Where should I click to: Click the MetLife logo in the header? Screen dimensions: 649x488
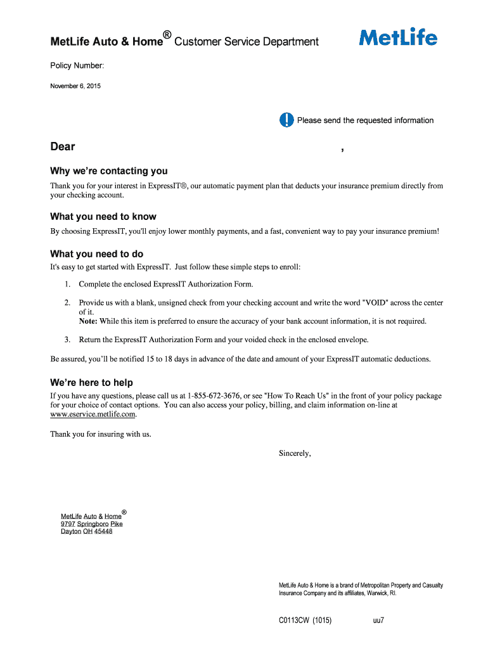coord(398,37)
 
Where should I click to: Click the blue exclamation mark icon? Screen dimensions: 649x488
coord(286,120)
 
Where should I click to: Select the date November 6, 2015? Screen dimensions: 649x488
coord(75,86)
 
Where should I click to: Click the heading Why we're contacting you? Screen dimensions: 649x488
coord(109,170)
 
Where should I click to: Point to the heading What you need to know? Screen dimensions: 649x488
coord(103,216)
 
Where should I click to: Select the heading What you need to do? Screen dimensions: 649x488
coord(97,254)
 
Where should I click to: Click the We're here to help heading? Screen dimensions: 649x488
coord(91,382)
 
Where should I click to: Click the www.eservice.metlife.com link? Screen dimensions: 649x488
coord(93,414)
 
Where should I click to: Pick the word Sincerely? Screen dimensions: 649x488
coord(295,453)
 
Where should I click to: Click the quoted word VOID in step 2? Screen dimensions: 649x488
coord(373,303)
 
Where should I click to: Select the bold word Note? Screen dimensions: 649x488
coord(88,321)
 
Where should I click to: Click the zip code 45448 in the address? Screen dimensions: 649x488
coord(103,531)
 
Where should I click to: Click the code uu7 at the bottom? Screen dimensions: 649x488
coord(378,620)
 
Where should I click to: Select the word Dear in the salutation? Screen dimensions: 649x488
coord(63,146)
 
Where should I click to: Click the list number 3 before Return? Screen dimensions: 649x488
coord(67,340)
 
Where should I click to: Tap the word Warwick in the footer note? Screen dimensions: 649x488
coord(380,593)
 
